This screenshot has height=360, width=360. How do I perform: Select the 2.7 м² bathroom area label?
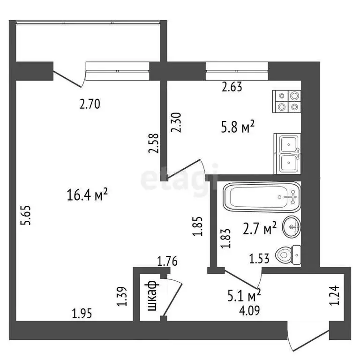coord(259,229)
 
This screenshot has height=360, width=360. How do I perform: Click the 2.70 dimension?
coord(90,105)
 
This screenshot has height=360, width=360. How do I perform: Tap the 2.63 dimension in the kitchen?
coord(232,87)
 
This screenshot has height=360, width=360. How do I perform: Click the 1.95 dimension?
coord(82,313)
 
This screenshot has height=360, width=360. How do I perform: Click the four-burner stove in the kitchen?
coord(286,101)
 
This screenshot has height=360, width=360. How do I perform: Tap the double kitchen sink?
coord(287,153)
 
